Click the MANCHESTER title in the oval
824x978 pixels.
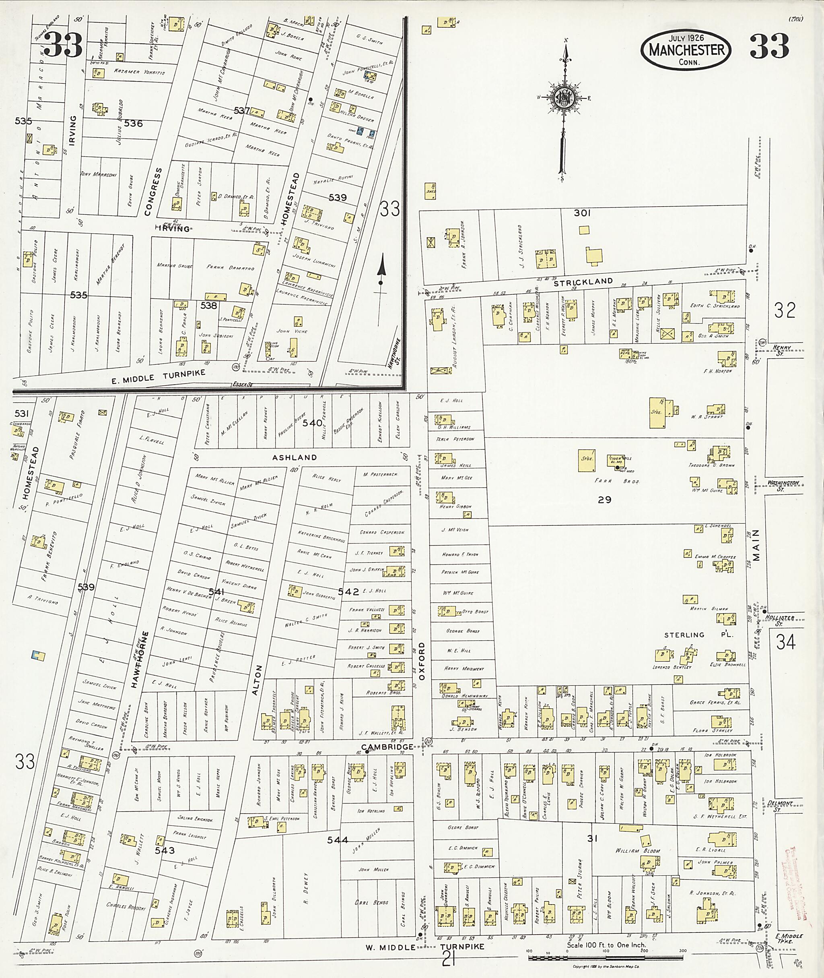click(x=686, y=50)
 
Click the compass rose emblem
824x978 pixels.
click(x=564, y=99)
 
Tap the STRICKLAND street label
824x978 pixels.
click(x=583, y=281)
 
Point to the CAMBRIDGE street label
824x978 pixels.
click(x=387, y=746)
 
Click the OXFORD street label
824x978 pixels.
click(x=422, y=661)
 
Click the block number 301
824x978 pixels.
click(x=582, y=213)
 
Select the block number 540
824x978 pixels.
click(x=312, y=423)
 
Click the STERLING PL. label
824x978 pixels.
click(x=698, y=635)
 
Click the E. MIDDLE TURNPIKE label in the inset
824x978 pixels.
click(x=159, y=377)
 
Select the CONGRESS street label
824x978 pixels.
click(x=153, y=192)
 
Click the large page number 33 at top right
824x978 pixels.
click(x=769, y=47)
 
